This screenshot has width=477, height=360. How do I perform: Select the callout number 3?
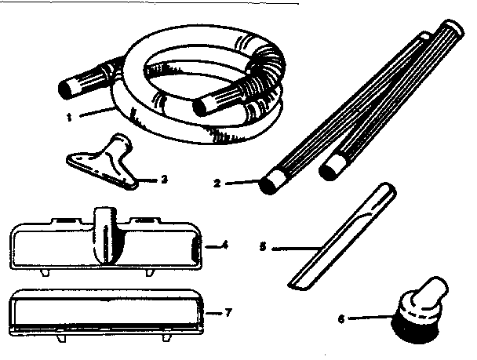click(x=163, y=178)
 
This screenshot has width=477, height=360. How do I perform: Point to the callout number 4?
click(x=224, y=245)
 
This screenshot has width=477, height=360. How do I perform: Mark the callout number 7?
click(x=227, y=312)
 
